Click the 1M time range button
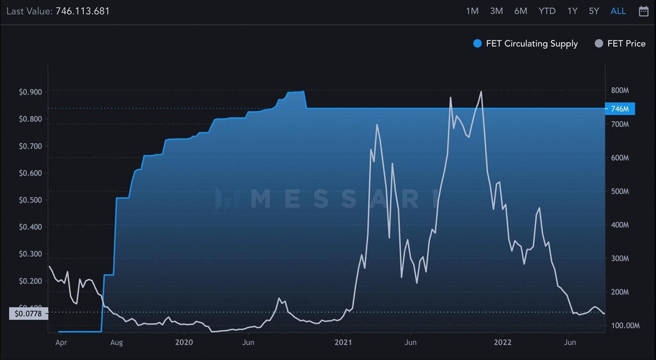[x=472, y=11]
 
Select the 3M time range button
[x=497, y=11]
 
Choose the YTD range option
[x=547, y=11]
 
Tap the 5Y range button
[x=594, y=11]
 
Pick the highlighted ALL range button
[x=618, y=11]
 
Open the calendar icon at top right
[x=643, y=11]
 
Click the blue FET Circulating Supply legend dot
[x=477, y=44]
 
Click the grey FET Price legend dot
[x=599, y=44]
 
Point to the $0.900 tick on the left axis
[x=30, y=92]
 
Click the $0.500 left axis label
[x=30, y=200]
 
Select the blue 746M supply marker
[x=620, y=109]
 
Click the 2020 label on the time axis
[x=184, y=342]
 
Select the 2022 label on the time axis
[x=502, y=342]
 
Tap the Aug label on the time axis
[x=117, y=342]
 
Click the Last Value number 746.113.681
[x=83, y=11]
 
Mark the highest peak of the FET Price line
[x=481, y=91]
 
